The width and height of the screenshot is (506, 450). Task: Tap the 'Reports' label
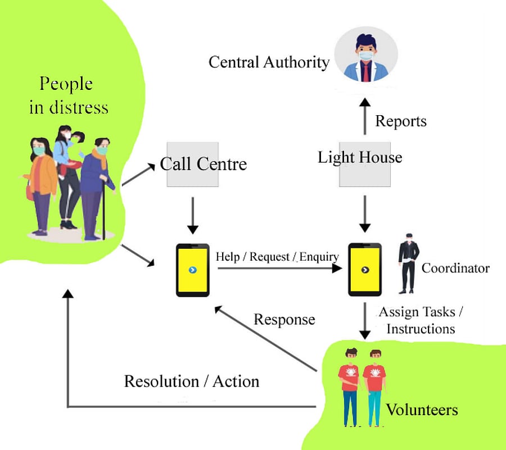click(401, 121)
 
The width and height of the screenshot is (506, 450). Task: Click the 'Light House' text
click(360, 157)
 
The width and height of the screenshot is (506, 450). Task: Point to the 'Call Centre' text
click(203, 164)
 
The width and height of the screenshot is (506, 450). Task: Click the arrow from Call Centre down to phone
click(193, 215)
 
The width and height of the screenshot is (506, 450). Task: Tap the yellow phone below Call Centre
click(193, 270)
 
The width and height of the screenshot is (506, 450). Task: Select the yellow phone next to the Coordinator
click(365, 270)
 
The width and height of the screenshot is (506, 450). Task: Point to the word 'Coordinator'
click(455, 268)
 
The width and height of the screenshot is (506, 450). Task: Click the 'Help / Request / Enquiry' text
click(277, 257)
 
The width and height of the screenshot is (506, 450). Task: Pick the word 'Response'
click(284, 320)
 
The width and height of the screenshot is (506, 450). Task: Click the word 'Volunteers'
click(422, 410)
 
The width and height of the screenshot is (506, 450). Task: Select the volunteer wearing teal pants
click(373, 388)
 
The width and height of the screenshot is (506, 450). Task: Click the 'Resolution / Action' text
click(192, 381)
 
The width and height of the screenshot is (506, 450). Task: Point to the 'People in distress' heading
click(68, 96)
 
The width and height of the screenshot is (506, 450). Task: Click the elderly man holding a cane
click(96, 185)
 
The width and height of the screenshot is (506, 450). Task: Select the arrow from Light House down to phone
click(365, 213)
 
